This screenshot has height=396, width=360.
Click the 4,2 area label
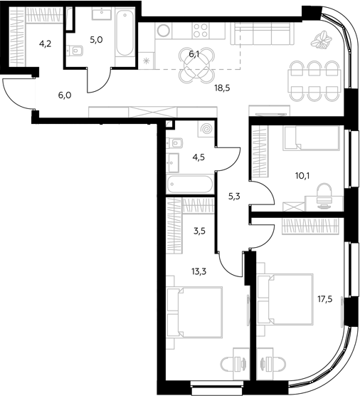45,44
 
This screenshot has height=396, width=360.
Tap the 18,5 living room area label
222,88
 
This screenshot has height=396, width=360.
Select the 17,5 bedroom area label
324,300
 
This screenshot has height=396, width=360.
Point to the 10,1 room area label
302,175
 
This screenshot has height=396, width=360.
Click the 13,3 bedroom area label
198,271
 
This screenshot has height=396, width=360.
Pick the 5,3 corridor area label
234,197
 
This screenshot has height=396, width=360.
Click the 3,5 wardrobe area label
199,231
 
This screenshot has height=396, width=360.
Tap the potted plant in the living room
321,40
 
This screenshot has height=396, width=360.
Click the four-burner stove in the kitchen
201,31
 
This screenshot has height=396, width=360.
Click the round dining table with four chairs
197,65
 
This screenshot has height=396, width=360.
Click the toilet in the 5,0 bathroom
75,51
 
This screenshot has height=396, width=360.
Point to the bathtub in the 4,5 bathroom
190,184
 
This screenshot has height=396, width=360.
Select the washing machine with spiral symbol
206,130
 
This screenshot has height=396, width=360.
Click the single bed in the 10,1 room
311,138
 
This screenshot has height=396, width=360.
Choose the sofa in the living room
263,33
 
